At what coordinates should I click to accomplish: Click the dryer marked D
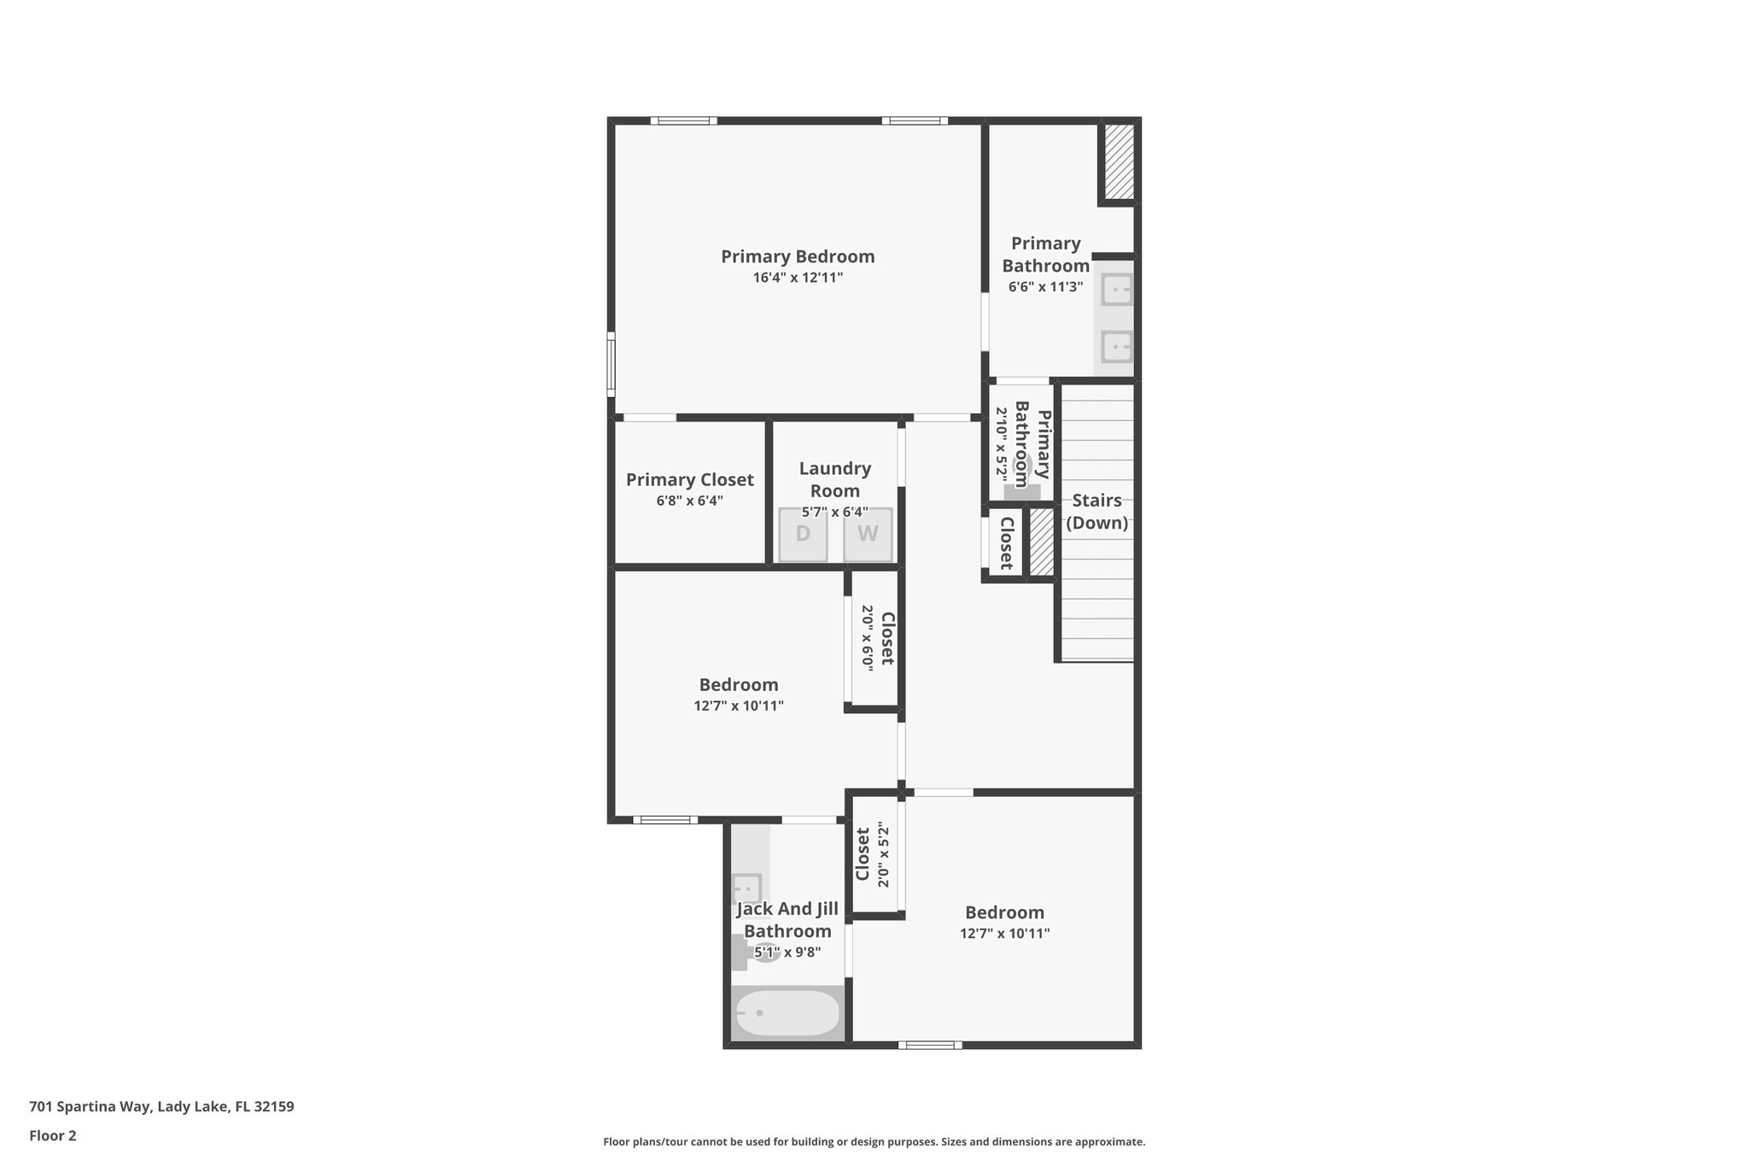(x=803, y=535)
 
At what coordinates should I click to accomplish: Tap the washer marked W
(x=868, y=535)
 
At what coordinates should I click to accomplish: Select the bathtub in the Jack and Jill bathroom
(x=787, y=1013)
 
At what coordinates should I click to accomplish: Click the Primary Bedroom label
(x=798, y=256)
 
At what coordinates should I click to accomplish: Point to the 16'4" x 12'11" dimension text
(x=798, y=278)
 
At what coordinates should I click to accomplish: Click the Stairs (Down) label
(x=1097, y=512)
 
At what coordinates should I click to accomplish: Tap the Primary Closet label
(x=690, y=480)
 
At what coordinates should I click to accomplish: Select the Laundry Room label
(x=835, y=479)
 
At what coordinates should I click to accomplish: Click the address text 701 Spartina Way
(x=161, y=1106)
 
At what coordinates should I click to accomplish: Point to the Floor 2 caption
(x=53, y=1135)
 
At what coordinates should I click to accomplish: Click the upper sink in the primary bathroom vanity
(x=1116, y=290)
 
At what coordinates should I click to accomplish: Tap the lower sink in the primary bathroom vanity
(x=1116, y=347)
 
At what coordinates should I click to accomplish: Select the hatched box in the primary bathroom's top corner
(x=1119, y=161)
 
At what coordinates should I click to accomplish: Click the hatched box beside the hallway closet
(x=1041, y=542)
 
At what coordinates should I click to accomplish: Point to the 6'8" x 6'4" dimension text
(x=690, y=501)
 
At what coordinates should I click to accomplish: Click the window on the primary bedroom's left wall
(x=611, y=365)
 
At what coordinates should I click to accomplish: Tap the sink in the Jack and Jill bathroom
(x=747, y=888)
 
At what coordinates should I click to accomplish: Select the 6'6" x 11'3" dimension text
(x=1045, y=287)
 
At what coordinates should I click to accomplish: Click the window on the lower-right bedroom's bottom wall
(x=930, y=1045)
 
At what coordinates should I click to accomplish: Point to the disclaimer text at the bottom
(x=874, y=1141)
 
